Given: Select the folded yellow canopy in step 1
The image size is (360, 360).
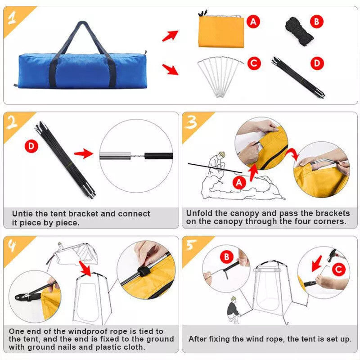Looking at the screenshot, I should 221,31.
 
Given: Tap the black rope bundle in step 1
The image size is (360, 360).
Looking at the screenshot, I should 298,28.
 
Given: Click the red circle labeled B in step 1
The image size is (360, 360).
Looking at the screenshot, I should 317,21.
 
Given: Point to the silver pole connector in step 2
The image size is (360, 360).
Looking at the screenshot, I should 115,156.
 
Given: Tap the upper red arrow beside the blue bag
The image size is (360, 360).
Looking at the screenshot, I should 170,36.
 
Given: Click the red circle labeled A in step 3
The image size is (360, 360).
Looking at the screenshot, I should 240,182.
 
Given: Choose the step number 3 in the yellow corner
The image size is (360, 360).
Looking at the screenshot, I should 192,122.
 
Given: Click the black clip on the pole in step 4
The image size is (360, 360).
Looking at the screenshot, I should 144,271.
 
